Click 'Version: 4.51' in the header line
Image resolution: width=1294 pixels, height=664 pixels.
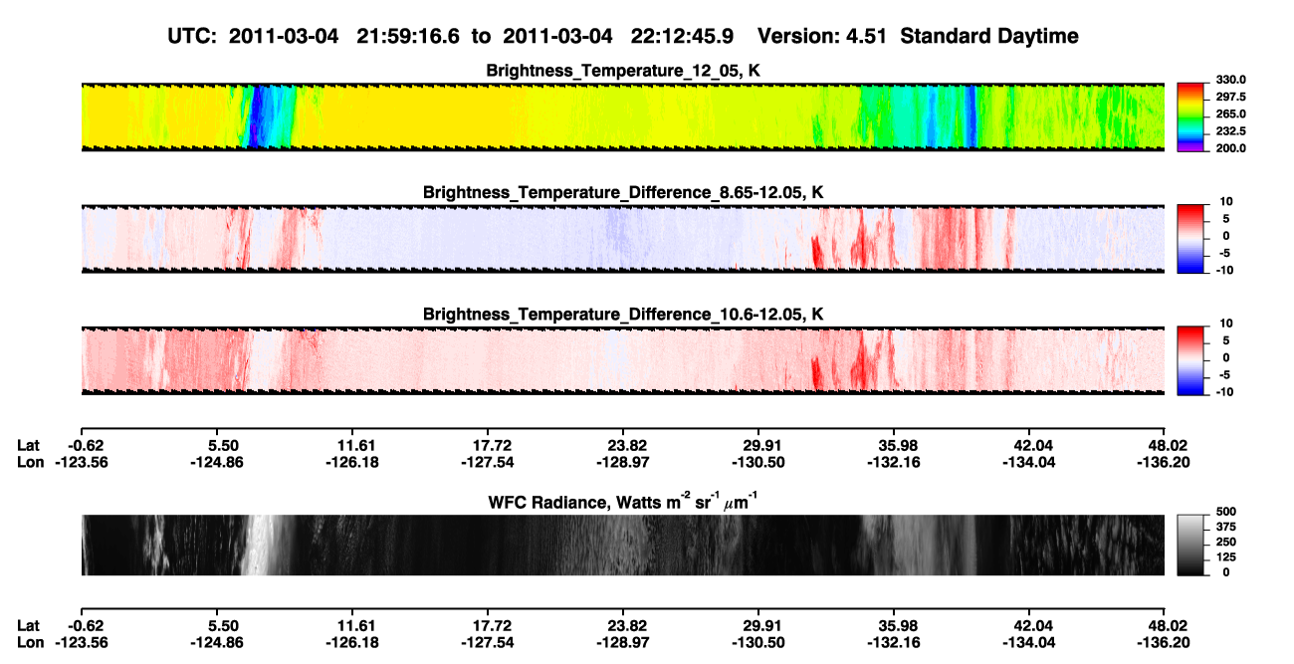821,36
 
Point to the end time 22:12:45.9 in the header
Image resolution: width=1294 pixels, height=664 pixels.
682,36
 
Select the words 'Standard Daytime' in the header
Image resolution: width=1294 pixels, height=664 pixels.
989,36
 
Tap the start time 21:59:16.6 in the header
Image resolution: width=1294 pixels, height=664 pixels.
408,36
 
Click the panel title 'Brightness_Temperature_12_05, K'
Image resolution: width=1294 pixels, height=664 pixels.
623,71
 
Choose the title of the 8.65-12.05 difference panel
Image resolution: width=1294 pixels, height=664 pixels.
623,192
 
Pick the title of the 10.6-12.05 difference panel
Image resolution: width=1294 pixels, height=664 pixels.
623,315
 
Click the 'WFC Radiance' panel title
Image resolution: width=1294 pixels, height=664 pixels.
623,502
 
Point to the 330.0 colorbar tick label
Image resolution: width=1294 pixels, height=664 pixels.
1230,80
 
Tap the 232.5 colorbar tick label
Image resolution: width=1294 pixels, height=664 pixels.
1230,131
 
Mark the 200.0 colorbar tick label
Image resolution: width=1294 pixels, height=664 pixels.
1230,148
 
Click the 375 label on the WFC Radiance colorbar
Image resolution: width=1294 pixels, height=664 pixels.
1225,527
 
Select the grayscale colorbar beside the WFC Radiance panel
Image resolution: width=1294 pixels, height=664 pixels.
1190,545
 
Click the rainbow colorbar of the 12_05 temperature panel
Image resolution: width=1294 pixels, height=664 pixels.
1190,117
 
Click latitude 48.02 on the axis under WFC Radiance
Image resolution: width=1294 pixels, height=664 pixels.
1164,625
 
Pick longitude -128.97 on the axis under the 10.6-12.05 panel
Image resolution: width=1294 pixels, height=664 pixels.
623,462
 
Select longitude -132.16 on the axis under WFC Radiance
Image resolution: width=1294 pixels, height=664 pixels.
894,643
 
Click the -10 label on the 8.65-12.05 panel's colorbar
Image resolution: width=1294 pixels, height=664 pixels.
1224,271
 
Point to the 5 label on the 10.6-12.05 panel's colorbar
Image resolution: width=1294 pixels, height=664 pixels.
1226,340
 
